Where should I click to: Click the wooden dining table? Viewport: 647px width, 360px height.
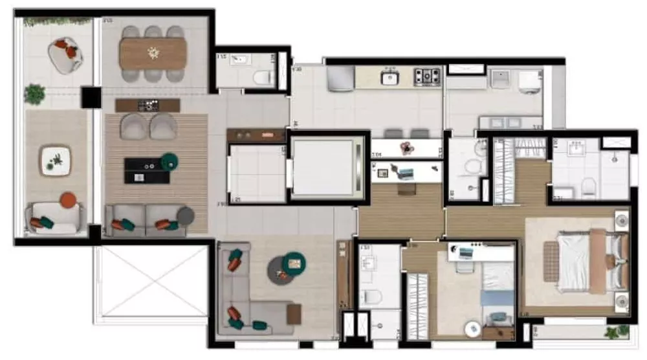(153, 53)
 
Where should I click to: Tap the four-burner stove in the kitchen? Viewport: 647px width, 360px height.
(426, 76)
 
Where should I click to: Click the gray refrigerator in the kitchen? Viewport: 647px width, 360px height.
(339, 78)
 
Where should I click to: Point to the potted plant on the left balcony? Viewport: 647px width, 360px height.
(34, 95)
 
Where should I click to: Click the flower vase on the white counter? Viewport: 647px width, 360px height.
(406, 148)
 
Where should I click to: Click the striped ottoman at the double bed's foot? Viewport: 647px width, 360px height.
(551, 261)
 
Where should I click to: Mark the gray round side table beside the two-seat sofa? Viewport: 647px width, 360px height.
(186, 216)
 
